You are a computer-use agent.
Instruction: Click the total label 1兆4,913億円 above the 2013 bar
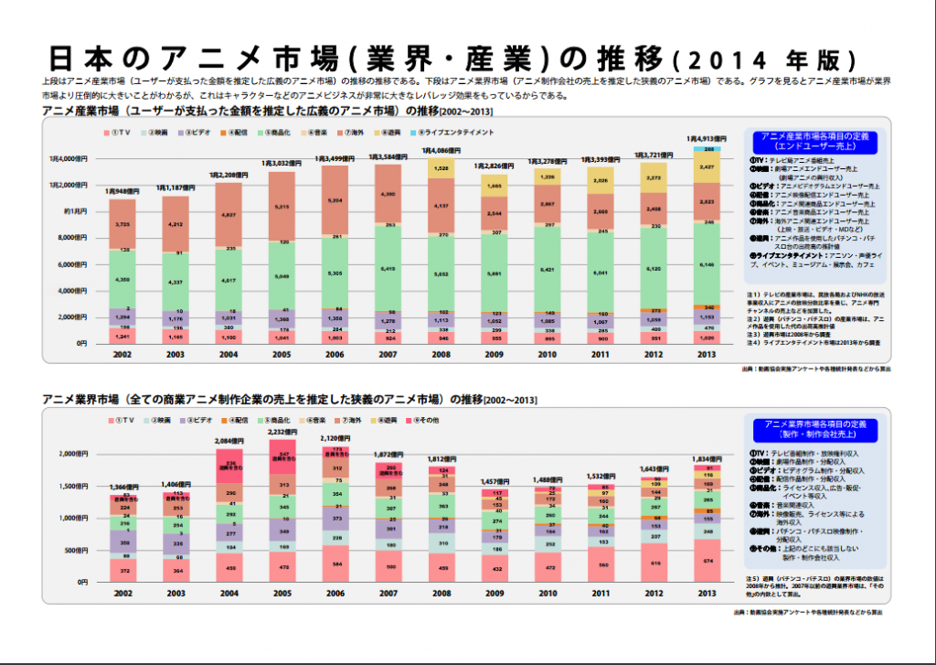point(707,138)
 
